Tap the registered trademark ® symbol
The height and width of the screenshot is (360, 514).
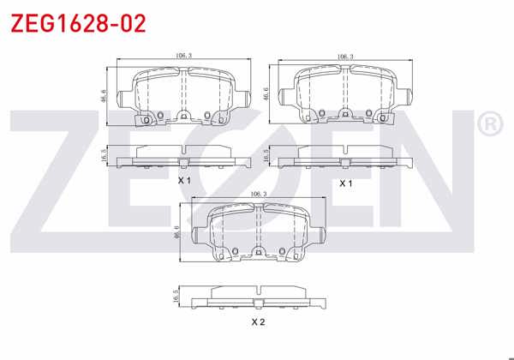point(489,125)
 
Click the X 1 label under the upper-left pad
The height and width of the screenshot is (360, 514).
point(183,182)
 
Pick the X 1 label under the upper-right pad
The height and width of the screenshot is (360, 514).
point(346,183)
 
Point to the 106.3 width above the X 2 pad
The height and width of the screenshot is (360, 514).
point(260,194)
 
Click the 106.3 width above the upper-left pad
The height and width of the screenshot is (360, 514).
point(182,56)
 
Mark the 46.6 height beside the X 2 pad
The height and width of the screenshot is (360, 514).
point(177,232)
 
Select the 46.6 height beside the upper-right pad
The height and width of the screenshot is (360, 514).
point(266,94)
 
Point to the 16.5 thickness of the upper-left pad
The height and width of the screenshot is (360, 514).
point(103,156)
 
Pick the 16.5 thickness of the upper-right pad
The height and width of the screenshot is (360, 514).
point(266,156)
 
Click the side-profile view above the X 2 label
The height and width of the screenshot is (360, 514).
point(259,296)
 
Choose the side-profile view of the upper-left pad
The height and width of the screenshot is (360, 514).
point(183,156)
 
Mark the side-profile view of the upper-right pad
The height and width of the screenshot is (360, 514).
point(346,156)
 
